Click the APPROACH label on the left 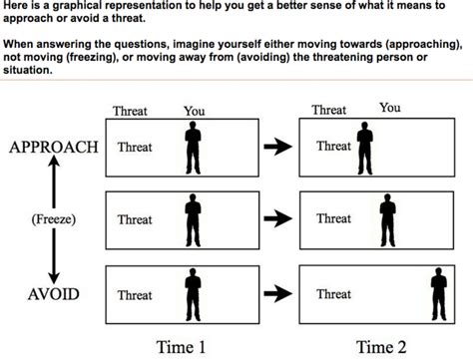[54, 147]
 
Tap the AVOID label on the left [54, 294]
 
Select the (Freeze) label [54, 218]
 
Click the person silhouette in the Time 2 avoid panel [437, 292]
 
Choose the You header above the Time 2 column [390, 108]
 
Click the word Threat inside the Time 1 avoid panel [135, 295]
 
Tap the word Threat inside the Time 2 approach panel [333, 147]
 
